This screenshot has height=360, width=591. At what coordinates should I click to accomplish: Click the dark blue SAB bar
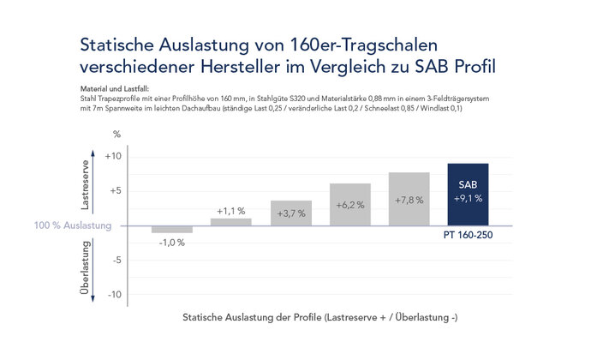pyautogui.click(x=468, y=195)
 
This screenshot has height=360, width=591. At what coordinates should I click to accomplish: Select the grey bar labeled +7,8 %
pyautogui.click(x=409, y=199)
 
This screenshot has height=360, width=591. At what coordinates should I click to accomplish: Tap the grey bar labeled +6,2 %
pyautogui.click(x=349, y=205)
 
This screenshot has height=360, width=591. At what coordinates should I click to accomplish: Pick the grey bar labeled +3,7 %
pyautogui.click(x=290, y=213)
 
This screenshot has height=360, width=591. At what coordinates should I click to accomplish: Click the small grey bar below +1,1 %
pyautogui.click(x=231, y=222)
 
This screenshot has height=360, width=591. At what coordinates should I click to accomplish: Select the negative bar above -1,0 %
pyautogui.click(x=172, y=229)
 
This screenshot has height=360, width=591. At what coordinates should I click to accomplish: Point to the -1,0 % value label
pyautogui.click(x=172, y=243)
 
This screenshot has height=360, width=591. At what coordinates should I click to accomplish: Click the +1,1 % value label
pyautogui.click(x=231, y=210)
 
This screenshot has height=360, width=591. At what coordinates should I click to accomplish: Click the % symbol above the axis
pyautogui.click(x=117, y=135)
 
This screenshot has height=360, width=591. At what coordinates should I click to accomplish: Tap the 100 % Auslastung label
pyautogui.click(x=72, y=225)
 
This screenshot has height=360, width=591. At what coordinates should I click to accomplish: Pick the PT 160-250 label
pyautogui.click(x=468, y=235)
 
